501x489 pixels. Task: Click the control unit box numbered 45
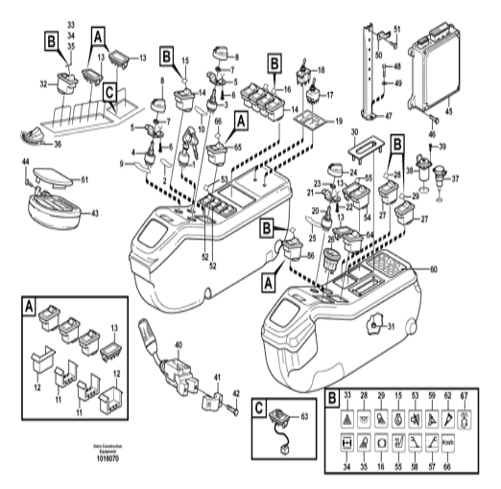pos(432,75)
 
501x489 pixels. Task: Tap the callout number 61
pos(83,179)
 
